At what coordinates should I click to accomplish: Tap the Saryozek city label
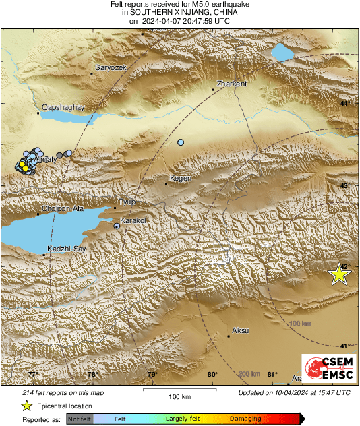tap(110, 69)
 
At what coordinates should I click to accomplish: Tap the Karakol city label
tap(133, 220)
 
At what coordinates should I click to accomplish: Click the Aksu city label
tap(240, 330)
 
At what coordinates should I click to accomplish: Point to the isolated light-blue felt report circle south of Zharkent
tap(181, 142)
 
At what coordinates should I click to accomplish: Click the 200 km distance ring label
tap(249, 373)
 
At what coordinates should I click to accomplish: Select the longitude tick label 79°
tap(152, 375)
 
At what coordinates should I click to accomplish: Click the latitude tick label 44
tap(344, 103)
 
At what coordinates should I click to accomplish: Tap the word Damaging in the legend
tap(245, 419)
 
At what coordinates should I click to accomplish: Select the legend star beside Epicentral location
tap(26, 406)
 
